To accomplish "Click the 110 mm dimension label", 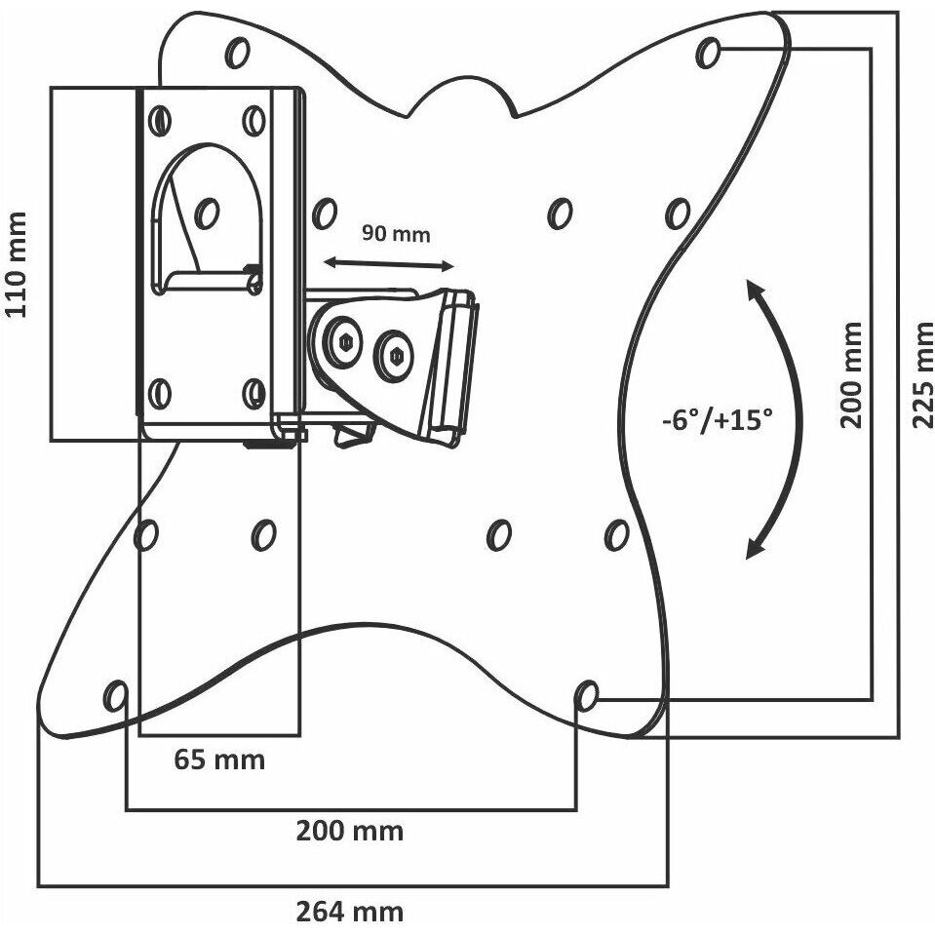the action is pos(16,263).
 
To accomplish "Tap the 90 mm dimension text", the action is pos(396,234).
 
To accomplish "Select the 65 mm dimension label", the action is pos(219,760).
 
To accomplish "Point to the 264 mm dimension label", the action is pos(350,912).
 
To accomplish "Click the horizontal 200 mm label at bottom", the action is pos(350,831).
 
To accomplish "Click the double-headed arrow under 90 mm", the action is pos(389,263).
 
